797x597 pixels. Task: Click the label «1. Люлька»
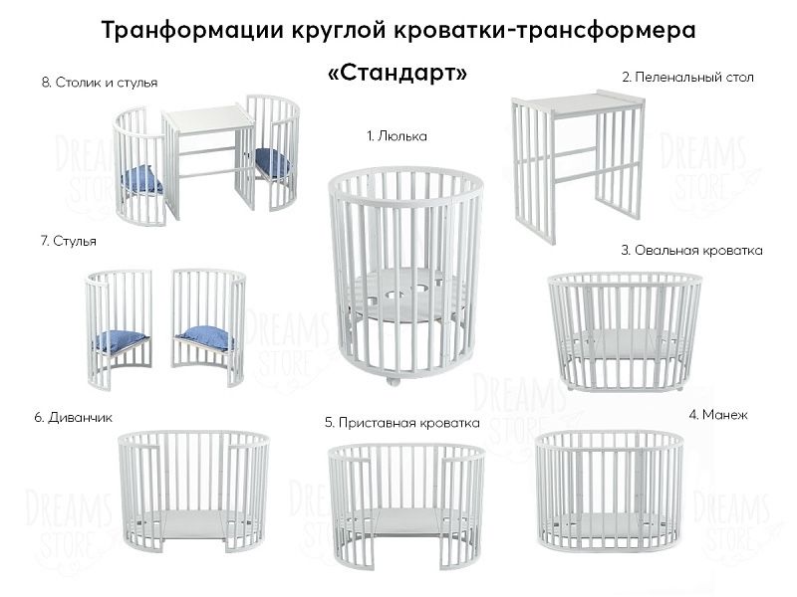(x=397, y=136)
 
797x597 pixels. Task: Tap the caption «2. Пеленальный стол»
(x=687, y=77)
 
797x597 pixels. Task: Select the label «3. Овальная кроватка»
(x=691, y=251)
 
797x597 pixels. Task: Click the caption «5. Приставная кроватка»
(x=401, y=422)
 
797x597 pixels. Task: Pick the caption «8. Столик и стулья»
(x=100, y=83)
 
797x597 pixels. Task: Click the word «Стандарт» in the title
(x=396, y=75)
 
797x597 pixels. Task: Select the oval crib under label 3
(x=625, y=328)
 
